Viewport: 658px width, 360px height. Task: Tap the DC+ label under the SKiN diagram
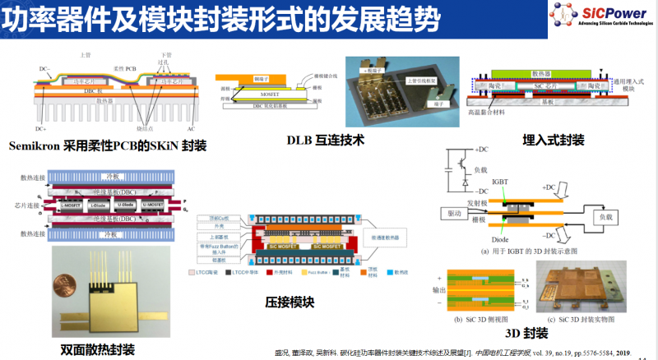(x=40, y=129)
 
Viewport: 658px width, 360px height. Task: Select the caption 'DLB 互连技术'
(x=321, y=140)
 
